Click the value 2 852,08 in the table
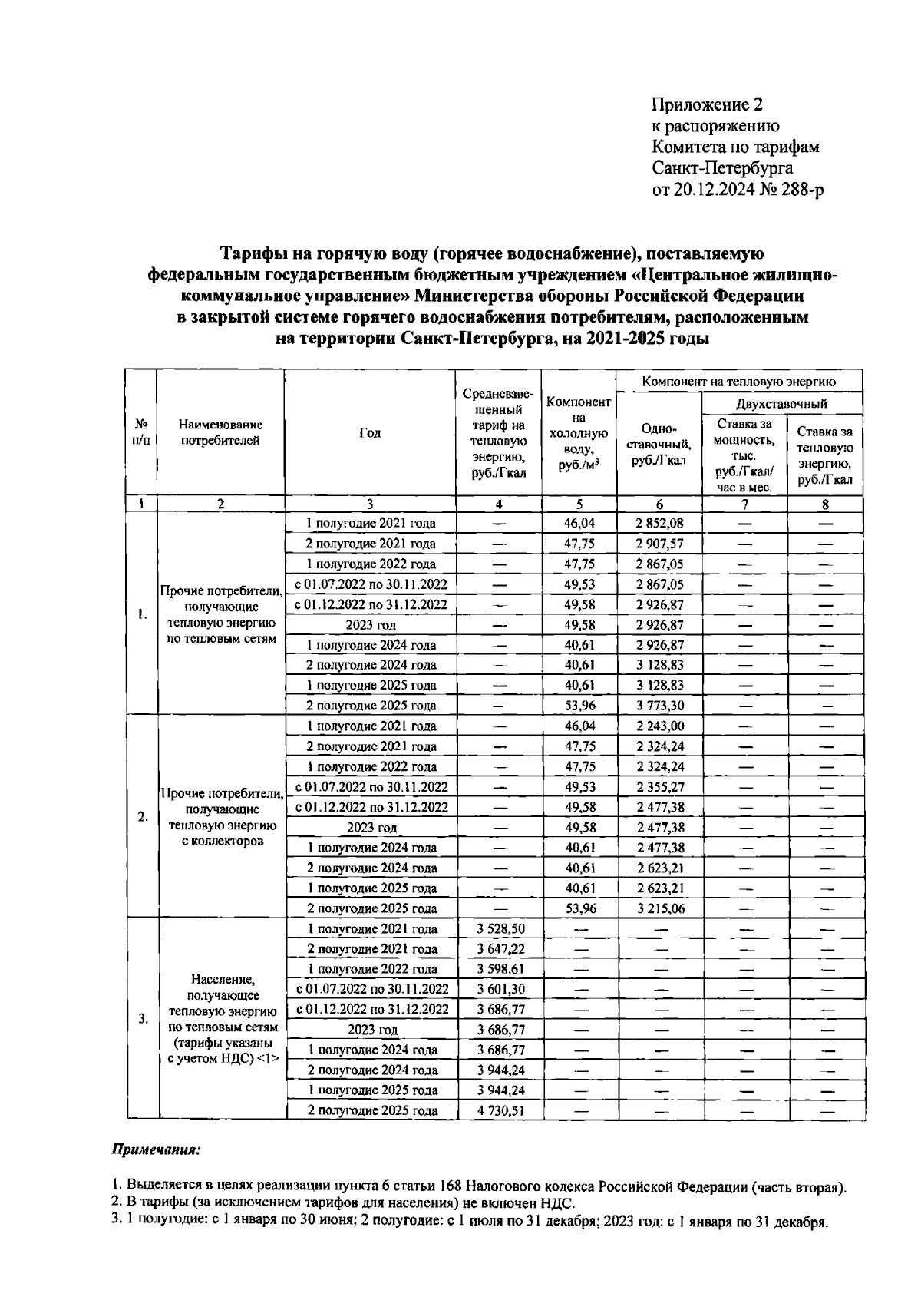coord(659,524)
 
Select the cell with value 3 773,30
coord(659,706)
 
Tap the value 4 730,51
coord(500,1110)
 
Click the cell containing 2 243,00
coord(659,726)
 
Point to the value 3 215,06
coord(659,908)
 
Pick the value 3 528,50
coord(500,928)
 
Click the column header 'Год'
coord(370,433)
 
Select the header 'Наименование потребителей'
coord(220,433)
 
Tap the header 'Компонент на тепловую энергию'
coord(738,381)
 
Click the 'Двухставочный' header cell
coord(781,404)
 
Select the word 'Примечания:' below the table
coord(157,1150)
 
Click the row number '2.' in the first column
coord(143,817)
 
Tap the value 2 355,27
coord(659,787)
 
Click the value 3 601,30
coord(500,989)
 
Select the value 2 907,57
coord(659,544)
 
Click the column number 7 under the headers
coord(744,504)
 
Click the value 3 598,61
coord(500,969)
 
